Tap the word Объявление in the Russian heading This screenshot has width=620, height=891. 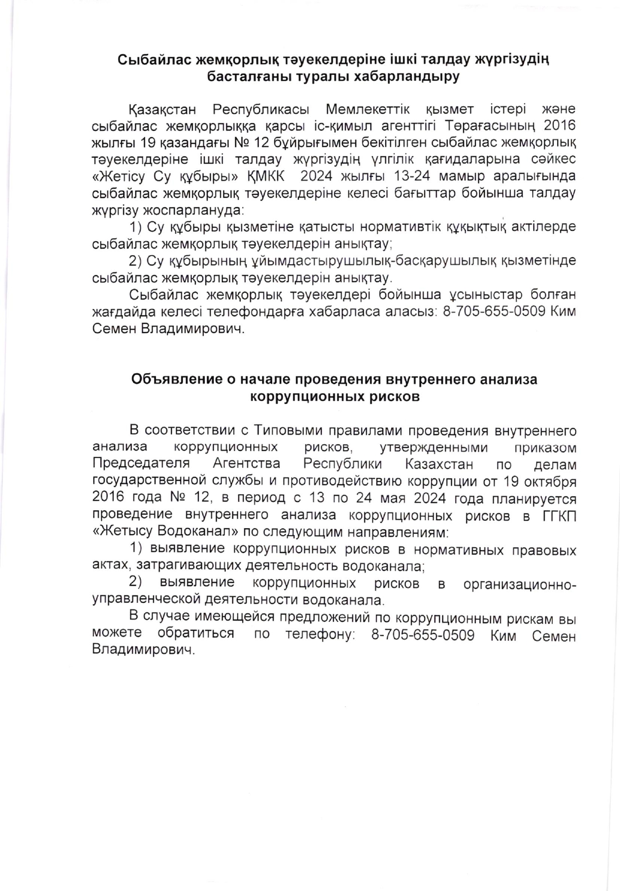(x=172, y=380)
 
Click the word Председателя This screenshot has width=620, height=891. (x=141, y=463)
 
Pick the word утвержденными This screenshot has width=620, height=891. (x=434, y=447)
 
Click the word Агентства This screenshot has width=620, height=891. (x=247, y=463)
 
